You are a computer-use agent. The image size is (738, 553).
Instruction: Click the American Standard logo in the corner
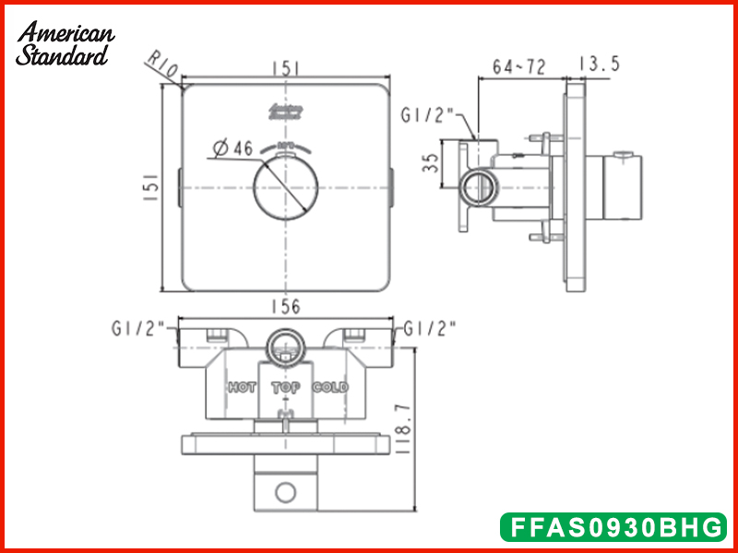point(65,43)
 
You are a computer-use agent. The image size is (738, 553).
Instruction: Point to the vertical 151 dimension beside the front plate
point(158,188)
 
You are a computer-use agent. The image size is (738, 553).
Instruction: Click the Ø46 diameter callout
point(232,148)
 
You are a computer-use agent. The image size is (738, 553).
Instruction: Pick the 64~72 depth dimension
point(518,66)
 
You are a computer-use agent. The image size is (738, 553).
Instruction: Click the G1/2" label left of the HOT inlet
point(137,327)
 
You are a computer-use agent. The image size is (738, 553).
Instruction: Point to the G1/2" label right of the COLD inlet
point(429,327)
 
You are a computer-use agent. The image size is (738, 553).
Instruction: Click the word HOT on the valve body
point(242,388)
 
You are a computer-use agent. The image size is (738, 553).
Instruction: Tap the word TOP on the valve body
point(286,388)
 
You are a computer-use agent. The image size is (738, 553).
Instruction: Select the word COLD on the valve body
point(330,388)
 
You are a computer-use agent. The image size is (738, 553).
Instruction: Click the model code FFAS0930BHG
point(612,527)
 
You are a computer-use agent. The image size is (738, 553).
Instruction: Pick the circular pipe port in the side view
point(478,188)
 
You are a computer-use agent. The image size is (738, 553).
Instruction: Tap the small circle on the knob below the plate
point(286,489)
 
